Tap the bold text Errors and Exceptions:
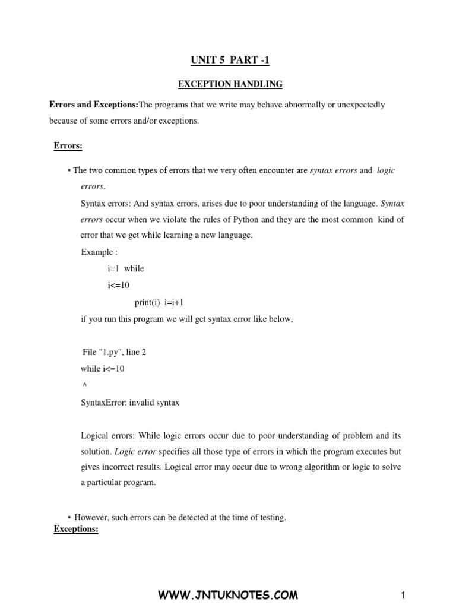pos(93,105)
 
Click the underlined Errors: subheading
pos(68,145)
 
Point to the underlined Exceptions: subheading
pos(76,529)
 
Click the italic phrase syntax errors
pos(334,170)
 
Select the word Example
pos(97,252)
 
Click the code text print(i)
pos(146,302)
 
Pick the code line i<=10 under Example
pos(119,286)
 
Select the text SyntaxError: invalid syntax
pos(130,403)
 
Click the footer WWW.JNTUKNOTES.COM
pos(228,595)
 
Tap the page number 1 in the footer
pos(403,595)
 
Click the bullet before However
pos(70,518)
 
